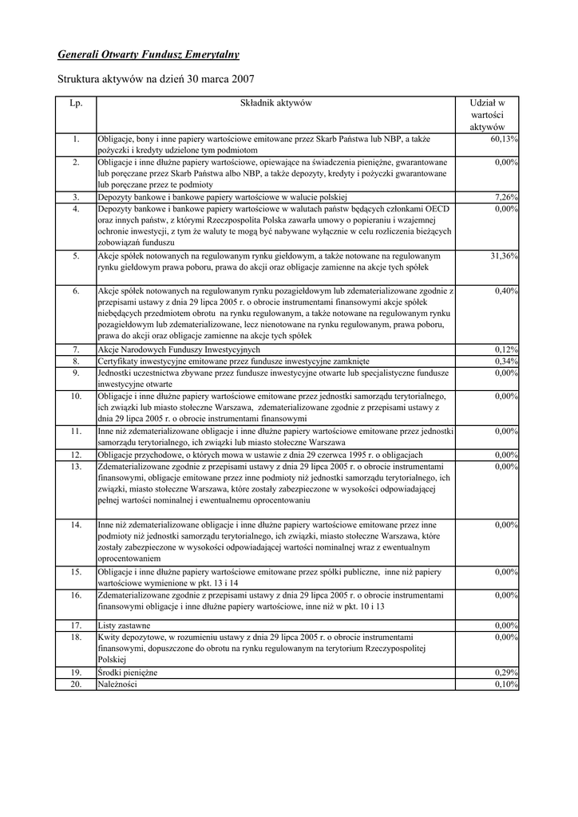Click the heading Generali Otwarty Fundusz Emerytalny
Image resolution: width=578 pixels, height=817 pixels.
(x=148, y=54)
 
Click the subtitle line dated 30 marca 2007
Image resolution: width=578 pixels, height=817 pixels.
(x=156, y=80)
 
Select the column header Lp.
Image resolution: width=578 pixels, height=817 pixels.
(x=76, y=103)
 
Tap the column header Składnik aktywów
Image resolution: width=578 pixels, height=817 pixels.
(x=275, y=103)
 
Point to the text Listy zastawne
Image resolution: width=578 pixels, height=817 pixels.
(x=124, y=626)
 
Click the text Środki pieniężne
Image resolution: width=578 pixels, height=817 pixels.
(x=128, y=673)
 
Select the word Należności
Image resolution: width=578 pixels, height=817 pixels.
(x=117, y=685)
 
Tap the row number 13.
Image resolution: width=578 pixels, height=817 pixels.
(x=76, y=466)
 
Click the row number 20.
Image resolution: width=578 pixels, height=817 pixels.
(x=76, y=685)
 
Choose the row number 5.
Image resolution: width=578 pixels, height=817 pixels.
(x=76, y=256)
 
